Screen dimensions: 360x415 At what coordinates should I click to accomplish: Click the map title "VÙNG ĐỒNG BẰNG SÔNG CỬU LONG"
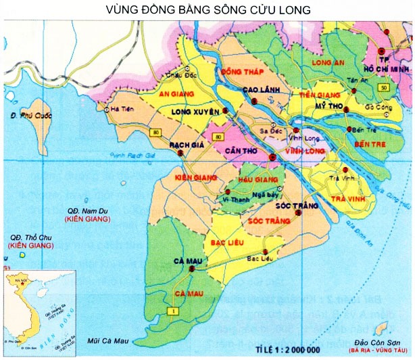[x=207, y=10]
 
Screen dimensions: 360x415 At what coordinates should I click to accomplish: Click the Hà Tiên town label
[x=124, y=108]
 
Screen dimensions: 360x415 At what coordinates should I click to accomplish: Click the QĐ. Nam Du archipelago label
[x=85, y=212]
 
